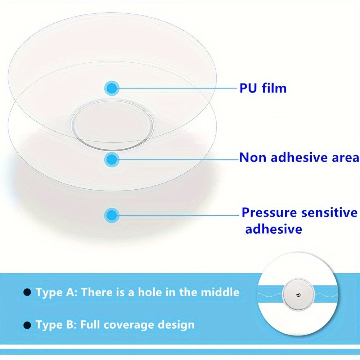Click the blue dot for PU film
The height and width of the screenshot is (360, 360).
click(112, 88)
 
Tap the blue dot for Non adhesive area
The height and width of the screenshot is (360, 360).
click(112, 159)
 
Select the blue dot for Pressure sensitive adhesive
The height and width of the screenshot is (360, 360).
click(112, 215)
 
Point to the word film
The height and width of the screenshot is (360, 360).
click(274, 88)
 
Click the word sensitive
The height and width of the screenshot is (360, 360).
click(329, 213)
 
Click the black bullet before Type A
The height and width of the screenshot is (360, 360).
click(27, 292)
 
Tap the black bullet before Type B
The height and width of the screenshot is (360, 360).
click(27, 325)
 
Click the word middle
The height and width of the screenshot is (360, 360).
click(220, 292)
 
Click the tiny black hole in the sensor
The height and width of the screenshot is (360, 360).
click(298, 295)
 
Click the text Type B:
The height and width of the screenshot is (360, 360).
click(57, 325)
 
